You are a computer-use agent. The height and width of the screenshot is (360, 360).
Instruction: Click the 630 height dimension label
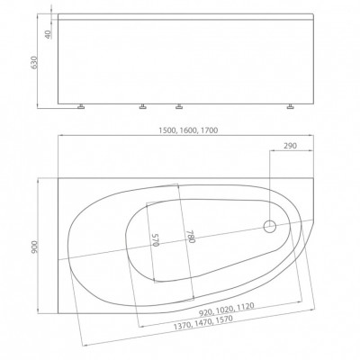pyautogui.click(x=34, y=63)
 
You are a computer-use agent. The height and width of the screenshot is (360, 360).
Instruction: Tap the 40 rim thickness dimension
pyautogui.click(x=49, y=34)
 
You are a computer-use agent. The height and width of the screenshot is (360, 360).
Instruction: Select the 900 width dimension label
pyautogui.click(x=34, y=247)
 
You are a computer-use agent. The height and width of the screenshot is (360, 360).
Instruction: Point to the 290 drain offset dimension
pyautogui.click(x=290, y=146)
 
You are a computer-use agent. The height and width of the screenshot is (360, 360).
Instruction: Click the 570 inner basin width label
pyautogui.click(x=156, y=240)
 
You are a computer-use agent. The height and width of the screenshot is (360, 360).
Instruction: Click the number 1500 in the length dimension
pyautogui.click(x=167, y=130)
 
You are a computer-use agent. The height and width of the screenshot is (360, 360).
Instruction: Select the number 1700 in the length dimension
pyautogui.click(x=209, y=130)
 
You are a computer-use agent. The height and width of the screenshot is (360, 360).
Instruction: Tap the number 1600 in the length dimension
pyautogui.click(x=188, y=130)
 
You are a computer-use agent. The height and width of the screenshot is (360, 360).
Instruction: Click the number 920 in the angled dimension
pyautogui.click(x=205, y=312)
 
